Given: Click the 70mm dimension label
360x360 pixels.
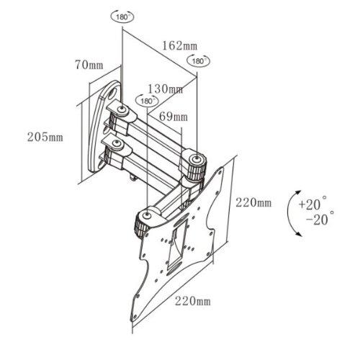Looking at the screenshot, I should click(90, 65).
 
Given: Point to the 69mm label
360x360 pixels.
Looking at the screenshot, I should click(173, 115).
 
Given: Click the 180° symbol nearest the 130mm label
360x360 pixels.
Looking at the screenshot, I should click(148, 102).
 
